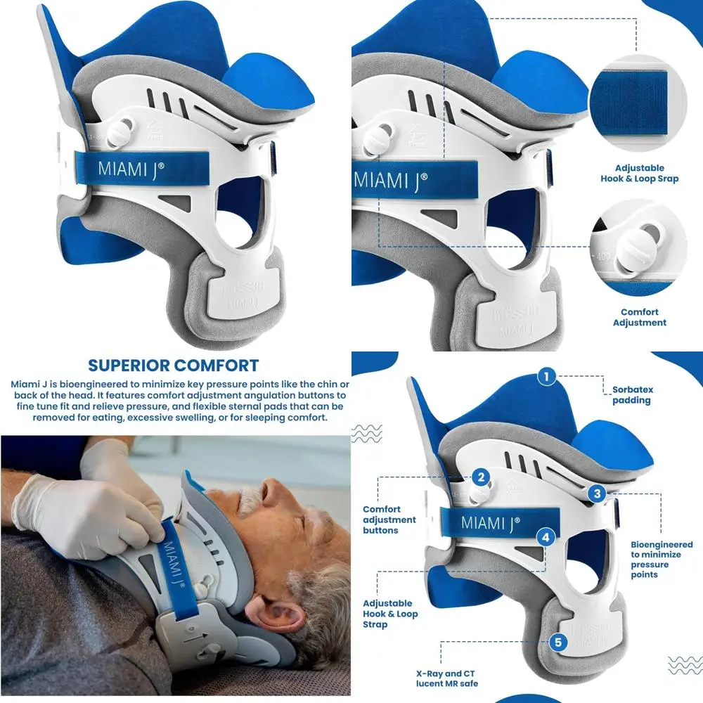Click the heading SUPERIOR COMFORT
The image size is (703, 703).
[x=173, y=366]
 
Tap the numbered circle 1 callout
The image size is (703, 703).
[x=546, y=376]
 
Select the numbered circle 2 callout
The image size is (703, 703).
[x=481, y=478]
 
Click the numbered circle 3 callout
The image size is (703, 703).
[x=597, y=494]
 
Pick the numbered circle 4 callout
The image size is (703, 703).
[x=546, y=537]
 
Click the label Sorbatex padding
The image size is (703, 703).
[x=631, y=395]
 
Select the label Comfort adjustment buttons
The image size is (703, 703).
[x=389, y=520]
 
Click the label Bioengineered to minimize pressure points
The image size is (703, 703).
[x=661, y=560]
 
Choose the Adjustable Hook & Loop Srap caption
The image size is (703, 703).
[x=639, y=174]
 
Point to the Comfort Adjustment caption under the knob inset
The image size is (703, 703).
[x=639, y=317]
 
